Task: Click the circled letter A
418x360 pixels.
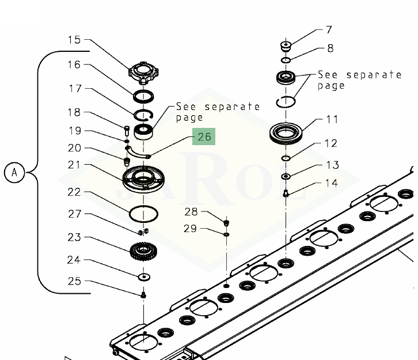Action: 14,172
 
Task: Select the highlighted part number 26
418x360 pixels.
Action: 204,137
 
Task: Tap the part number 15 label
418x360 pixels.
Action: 74,40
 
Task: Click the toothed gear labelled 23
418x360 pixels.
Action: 143,252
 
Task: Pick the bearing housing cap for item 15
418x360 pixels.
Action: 144,72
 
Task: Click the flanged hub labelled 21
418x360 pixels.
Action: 143,179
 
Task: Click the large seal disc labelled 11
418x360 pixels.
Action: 286,133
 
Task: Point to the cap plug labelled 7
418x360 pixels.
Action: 286,47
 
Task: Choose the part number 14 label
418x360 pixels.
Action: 332,183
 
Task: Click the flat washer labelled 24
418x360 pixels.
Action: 144,277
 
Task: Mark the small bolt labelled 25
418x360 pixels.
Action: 143,295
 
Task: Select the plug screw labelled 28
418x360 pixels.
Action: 226,223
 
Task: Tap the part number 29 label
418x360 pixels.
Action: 190,229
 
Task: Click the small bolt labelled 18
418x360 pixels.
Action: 127,130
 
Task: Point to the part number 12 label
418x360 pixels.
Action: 331,143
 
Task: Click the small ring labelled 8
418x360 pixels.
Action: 286,60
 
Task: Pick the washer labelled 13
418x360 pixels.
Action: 286,176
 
